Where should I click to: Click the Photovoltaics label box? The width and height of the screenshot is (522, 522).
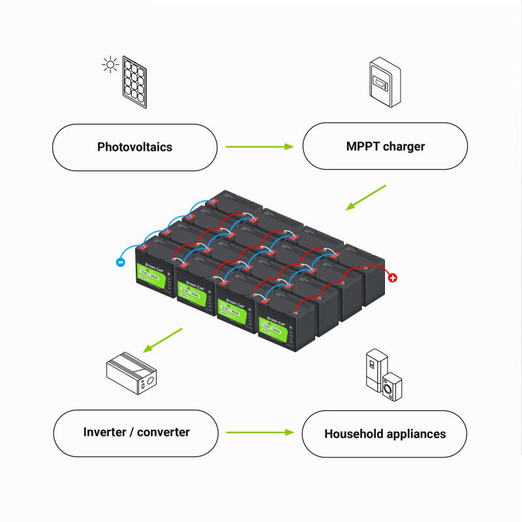pos(134,147)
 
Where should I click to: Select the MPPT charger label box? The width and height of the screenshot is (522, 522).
pos(385,147)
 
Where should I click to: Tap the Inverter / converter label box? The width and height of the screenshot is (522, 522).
pos(136,433)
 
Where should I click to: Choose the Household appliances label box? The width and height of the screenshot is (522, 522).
pos(385,434)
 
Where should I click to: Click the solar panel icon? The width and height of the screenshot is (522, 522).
pos(136,84)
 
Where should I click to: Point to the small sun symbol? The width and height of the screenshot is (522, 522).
pos(108,64)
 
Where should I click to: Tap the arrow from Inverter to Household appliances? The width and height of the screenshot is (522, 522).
pos(260,433)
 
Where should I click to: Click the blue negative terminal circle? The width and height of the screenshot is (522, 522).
pos(120,262)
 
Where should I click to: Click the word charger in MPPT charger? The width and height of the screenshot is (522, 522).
pos(403,147)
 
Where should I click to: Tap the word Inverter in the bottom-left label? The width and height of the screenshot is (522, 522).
pos(106,432)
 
